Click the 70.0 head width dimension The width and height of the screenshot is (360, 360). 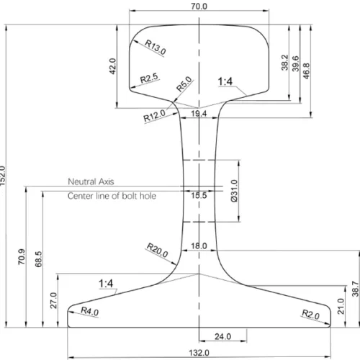tap(199, 6)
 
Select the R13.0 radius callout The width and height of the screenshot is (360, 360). tap(156, 47)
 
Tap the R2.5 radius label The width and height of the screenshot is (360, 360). tap(149, 78)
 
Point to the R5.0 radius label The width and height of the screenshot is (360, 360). tap(184, 84)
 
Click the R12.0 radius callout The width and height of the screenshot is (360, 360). tap(154, 116)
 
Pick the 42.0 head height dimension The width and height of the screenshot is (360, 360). tap(112, 66)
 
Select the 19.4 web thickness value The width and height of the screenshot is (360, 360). tap(199, 114)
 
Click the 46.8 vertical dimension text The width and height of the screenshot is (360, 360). tap(307, 71)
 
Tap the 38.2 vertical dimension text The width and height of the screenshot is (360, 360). tap(284, 63)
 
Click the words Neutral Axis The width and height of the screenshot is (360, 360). tap(91, 181)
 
